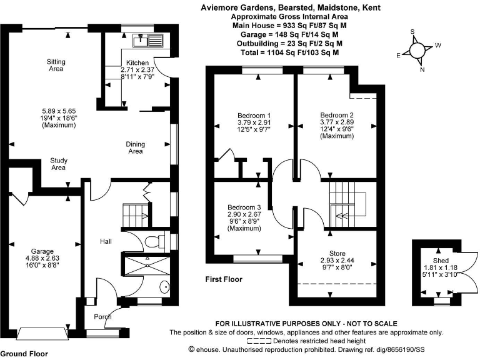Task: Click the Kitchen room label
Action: (x=137, y=63)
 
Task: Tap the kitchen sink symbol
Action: (x=151, y=41)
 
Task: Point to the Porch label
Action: (x=102, y=317)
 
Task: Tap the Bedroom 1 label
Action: (x=254, y=116)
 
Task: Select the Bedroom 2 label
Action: (x=337, y=116)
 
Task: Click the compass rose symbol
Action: (x=418, y=50)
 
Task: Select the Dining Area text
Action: (x=135, y=147)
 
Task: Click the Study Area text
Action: (x=58, y=164)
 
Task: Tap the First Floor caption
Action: (x=224, y=279)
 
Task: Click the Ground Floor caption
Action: (x=24, y=354)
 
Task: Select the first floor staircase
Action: (x=346, y=203)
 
